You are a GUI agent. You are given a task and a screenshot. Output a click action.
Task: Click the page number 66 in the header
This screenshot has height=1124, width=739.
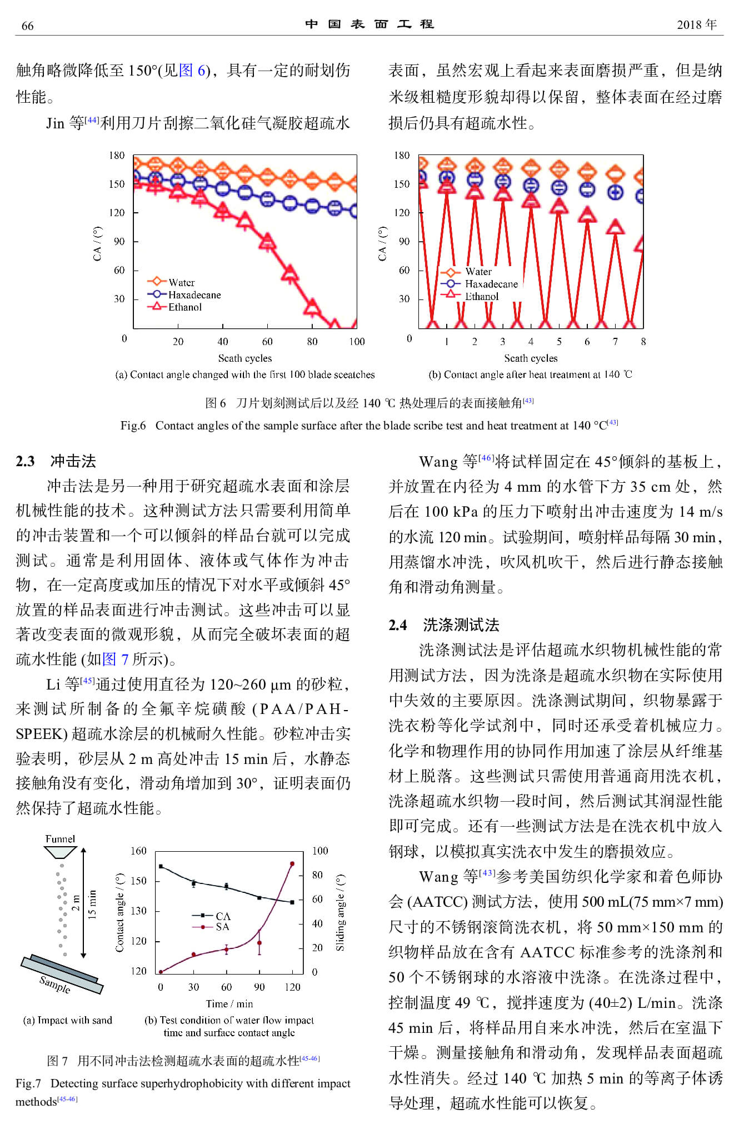coord(27,26)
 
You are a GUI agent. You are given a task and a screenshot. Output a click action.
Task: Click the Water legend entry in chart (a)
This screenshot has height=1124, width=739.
coord(181,282)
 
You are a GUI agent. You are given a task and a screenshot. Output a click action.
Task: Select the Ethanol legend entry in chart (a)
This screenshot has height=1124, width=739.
coord(184,307)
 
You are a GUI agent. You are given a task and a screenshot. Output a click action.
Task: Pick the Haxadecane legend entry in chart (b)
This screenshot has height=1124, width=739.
coord(491,284)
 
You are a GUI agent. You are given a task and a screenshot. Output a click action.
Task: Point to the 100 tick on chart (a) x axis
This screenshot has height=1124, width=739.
coord(357,341)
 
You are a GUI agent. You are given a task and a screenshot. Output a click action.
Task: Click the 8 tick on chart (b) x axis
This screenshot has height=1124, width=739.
coord(643,341)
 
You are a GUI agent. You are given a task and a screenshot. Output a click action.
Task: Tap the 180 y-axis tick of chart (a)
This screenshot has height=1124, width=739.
coord(117,156)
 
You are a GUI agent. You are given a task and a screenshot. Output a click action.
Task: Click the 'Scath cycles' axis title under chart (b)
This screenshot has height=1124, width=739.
coord(531,358)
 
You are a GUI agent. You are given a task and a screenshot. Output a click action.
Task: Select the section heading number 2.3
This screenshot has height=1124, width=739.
coord(25,461)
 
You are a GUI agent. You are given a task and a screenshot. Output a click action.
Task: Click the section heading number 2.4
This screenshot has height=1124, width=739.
coord(397,625)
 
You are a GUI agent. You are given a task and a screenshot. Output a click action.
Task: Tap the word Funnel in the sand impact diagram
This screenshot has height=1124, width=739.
coord(60,838)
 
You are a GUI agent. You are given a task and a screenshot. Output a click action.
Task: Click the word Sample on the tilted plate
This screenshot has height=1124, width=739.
coord(55,984)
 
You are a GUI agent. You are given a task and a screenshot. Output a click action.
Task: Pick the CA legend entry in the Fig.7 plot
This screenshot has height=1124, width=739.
coord(222,916)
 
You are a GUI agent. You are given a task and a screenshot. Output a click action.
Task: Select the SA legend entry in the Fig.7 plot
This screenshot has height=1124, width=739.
coord(222,927)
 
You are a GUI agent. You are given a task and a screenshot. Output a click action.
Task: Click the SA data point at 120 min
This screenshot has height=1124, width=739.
coord(292,864)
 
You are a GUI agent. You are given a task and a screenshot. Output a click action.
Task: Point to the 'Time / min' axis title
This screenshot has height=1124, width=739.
coord(229,1003)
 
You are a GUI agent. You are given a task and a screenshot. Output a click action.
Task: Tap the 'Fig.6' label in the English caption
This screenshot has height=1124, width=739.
coord(133,426)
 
